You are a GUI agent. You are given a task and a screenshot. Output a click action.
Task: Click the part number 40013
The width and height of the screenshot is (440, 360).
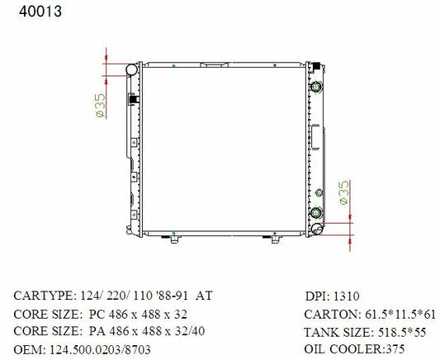point(40,12)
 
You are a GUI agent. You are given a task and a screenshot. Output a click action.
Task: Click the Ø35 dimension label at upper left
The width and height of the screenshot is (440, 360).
point(100,105)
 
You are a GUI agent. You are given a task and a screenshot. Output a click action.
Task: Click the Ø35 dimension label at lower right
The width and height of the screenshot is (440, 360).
point(343,192)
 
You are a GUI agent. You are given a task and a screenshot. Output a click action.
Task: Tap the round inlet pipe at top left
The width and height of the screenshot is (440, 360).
point(131,69)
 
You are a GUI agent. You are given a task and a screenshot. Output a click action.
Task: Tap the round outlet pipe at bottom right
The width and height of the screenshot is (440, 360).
point(317,229)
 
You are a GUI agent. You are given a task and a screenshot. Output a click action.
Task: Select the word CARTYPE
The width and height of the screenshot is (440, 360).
point(44,296)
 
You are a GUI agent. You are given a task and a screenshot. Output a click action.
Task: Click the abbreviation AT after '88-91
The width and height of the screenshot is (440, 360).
point(204,296)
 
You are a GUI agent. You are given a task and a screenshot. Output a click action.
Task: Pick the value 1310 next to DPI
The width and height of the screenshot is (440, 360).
point(346,296)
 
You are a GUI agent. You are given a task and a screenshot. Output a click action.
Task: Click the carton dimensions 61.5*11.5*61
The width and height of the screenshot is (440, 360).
point(400,315)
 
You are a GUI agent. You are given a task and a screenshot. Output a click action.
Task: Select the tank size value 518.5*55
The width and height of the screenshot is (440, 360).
point(402,332)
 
